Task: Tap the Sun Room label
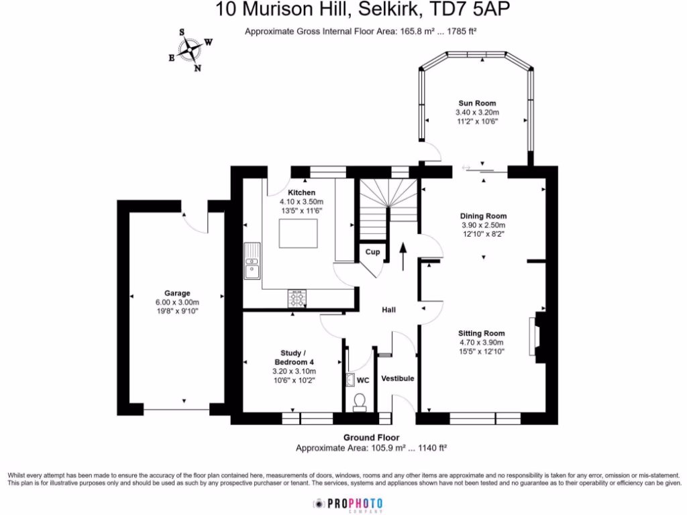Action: [477, 103]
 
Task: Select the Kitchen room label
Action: [301, 193]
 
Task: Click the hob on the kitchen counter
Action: [298, 296]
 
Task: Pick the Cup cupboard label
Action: [372, 252]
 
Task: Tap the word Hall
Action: [388, 310]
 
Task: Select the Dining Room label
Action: [483, 216]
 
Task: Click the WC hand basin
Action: [351, 380]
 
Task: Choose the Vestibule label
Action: [398, 378]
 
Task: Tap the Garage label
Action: [177, 293]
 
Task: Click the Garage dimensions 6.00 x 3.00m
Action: [177, 302]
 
